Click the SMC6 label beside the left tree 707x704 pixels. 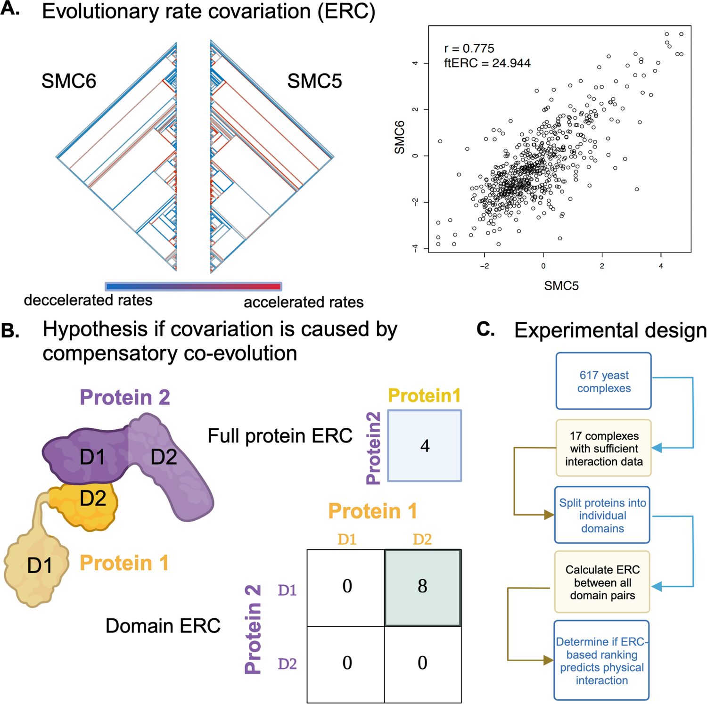69,81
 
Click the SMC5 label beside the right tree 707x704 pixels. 314,81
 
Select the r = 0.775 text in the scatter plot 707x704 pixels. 469,49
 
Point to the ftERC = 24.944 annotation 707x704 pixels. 487,63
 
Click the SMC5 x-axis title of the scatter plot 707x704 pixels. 561,286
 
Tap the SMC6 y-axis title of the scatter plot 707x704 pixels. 400,137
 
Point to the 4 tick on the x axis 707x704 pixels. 661,266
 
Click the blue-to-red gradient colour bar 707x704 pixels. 193,287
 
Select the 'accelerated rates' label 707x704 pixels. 304,302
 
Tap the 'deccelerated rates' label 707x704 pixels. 88,300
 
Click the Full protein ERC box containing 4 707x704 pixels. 424,446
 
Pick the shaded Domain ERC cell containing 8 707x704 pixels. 422,587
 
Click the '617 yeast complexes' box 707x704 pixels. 603,381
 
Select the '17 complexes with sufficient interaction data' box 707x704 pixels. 603,448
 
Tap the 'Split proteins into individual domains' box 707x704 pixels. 602,515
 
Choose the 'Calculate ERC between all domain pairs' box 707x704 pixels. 602,582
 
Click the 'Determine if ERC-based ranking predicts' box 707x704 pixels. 601,661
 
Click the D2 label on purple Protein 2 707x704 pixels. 164,457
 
